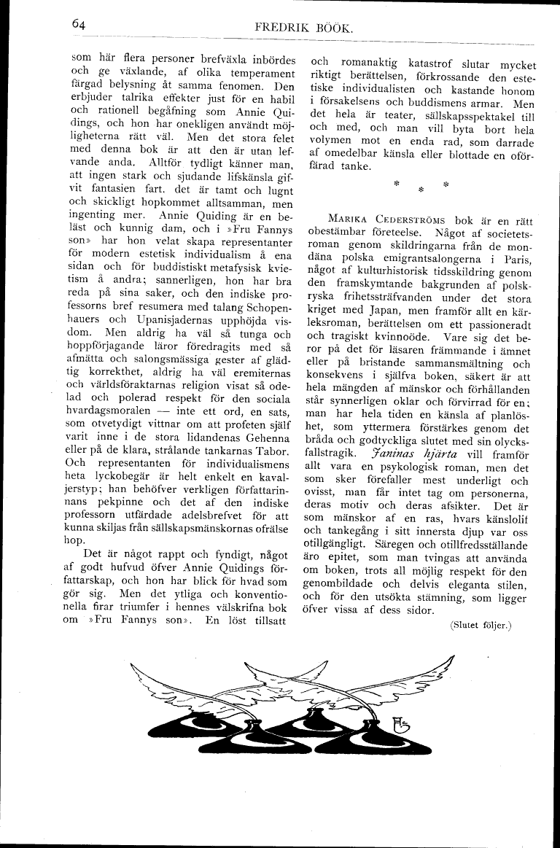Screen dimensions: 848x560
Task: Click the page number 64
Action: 79,24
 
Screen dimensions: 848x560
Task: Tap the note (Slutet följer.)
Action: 482,624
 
